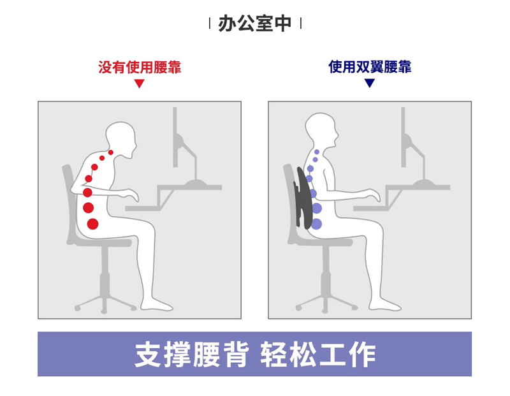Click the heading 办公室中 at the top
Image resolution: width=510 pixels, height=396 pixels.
click(x=254, y=24)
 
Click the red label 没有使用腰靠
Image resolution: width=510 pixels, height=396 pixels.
click(x=140, y=68)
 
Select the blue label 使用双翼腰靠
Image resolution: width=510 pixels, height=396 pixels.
click(x=370, y=67)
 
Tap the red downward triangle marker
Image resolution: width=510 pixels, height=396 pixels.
click(x=139, y=84)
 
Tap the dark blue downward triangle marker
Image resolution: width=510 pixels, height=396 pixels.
click(x=370, y=84)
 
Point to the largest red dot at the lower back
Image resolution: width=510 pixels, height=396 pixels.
click(x=92, y=224)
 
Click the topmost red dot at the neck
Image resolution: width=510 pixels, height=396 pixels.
click(x=111, y=152)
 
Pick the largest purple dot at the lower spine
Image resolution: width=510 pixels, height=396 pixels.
click(x=316, y=224)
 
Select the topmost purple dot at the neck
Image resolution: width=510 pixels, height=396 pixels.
click(x=317, y=152)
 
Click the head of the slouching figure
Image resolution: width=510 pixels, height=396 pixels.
click(x=121, y=139)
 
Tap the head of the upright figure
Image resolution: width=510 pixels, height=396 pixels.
click(x=321, y=129)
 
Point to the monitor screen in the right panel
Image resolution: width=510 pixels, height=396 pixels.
click(x=404, y=137)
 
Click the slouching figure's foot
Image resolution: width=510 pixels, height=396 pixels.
click(x=157, y=305)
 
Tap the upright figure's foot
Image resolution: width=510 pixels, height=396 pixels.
click(x=385, y=305)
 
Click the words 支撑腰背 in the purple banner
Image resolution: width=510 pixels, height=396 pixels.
click(x=192, y=355)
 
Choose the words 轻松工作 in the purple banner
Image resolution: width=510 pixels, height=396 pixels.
click(x=318, y=355)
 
